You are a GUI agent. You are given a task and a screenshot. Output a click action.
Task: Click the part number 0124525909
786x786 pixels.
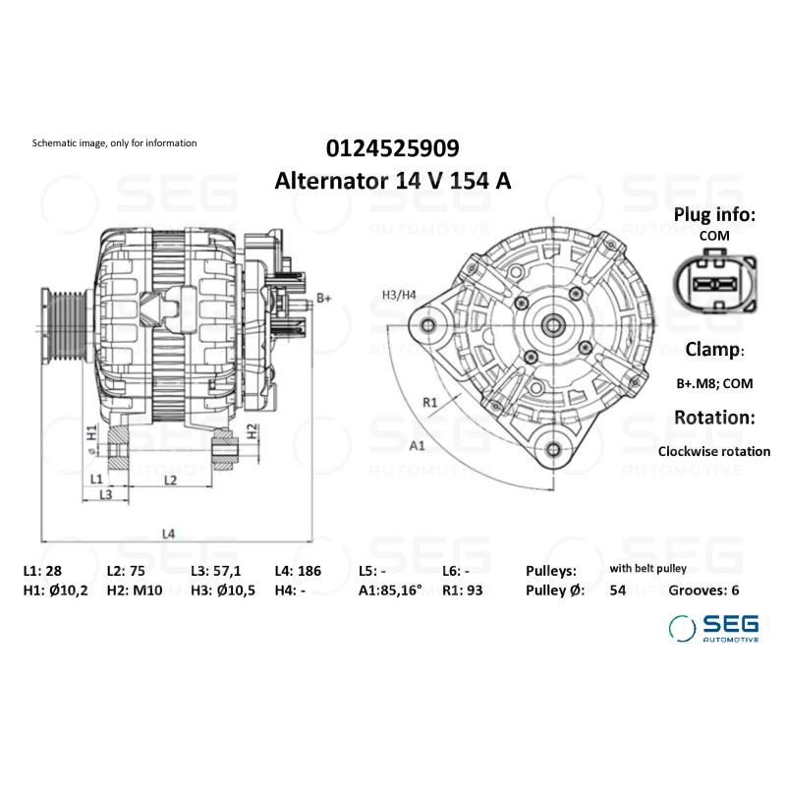click(392, 148)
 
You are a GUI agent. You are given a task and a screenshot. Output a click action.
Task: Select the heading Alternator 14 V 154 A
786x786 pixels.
click(392, 182)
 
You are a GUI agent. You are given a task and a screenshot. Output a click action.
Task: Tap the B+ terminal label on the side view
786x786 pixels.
click(323, 297)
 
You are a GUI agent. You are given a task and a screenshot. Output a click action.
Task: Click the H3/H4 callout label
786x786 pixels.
click(399, 295)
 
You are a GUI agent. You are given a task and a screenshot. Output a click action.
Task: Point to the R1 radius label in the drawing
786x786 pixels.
click(429, 401)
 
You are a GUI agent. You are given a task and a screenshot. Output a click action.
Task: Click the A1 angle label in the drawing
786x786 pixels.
click(417, 445)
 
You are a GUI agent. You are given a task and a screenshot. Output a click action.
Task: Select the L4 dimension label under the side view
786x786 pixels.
click(168, 533)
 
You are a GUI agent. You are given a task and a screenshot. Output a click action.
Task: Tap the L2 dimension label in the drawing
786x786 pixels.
click(169, 479)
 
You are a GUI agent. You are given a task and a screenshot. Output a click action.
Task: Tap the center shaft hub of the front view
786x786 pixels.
click(553, 322)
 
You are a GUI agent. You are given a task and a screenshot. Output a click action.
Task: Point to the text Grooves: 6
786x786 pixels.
click(703, 590)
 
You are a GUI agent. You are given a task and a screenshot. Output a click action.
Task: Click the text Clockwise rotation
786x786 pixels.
click(713, 451)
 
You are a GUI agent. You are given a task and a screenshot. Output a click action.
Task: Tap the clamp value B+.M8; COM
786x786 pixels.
click(713, 383)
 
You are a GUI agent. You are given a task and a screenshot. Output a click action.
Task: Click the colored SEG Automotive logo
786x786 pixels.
click(713, 629)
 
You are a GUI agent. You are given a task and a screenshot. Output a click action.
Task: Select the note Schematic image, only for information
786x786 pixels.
click(115, 143)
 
